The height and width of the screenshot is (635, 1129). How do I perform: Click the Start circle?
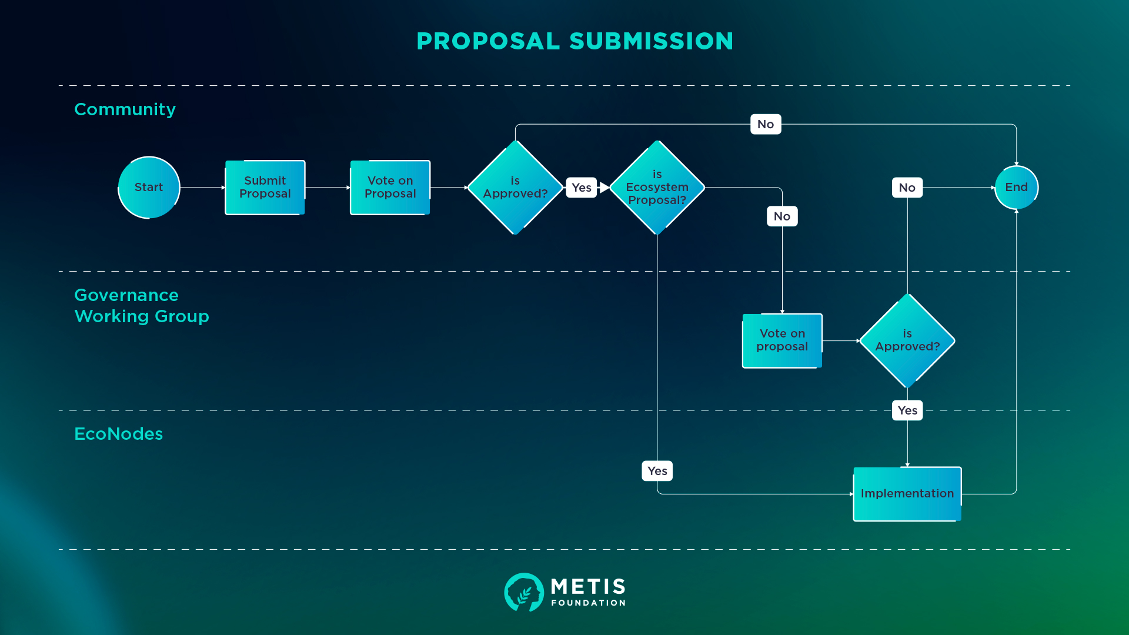[149, 188]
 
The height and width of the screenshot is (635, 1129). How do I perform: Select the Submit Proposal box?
[265, 188]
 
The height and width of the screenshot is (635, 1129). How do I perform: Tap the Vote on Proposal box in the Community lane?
[390, 188]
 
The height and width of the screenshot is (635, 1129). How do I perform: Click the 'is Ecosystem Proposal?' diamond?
[657, 188]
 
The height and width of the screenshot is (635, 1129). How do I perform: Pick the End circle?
[1016, 188]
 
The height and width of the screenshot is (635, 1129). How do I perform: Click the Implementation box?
[907, 494]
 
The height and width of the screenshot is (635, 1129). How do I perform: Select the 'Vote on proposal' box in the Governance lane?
[782, 340]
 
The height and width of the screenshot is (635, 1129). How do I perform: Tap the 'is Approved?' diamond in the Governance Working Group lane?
[907, 340]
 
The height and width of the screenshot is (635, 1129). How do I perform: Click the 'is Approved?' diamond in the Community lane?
[515, 188]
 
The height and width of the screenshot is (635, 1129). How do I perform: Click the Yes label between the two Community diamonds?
[582, 188]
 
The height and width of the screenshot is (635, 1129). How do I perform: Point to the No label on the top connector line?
[766, 124]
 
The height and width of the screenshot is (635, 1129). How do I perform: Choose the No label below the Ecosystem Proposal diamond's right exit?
[782, 216]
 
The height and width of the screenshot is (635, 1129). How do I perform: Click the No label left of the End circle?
[907, 188]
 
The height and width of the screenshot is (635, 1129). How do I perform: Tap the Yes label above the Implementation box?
[907, 410]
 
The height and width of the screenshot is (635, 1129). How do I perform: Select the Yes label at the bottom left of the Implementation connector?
[657, 471]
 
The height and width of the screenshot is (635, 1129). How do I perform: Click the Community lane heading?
[125, 109]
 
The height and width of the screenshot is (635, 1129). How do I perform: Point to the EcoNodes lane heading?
[118, 434]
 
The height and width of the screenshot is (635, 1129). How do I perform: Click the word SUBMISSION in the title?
[651, 41]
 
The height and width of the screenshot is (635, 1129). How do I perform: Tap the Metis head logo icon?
[523, 592]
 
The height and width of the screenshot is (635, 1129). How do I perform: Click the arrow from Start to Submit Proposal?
[203, 188]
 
